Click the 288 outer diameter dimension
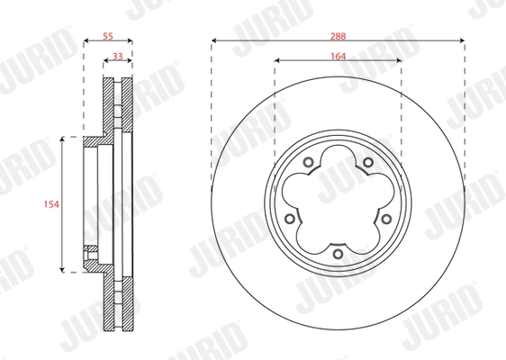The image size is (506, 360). click(x=338, y=36)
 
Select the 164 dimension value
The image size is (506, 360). click(x=338, y=56)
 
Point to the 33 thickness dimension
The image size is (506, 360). click(x=117, y=56)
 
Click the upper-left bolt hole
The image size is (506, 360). click(x=307, y=163)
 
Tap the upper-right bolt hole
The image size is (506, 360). click(x=367, y=163)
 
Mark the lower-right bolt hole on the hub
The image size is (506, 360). click(x=386, y=220)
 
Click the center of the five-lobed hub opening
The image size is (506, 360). click(x=337, y=204)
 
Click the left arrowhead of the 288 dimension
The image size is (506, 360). click(x=215, y=41)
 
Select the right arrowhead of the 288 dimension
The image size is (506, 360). click(x=461, y=41)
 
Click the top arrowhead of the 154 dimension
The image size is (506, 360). click(x=62, y=139)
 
